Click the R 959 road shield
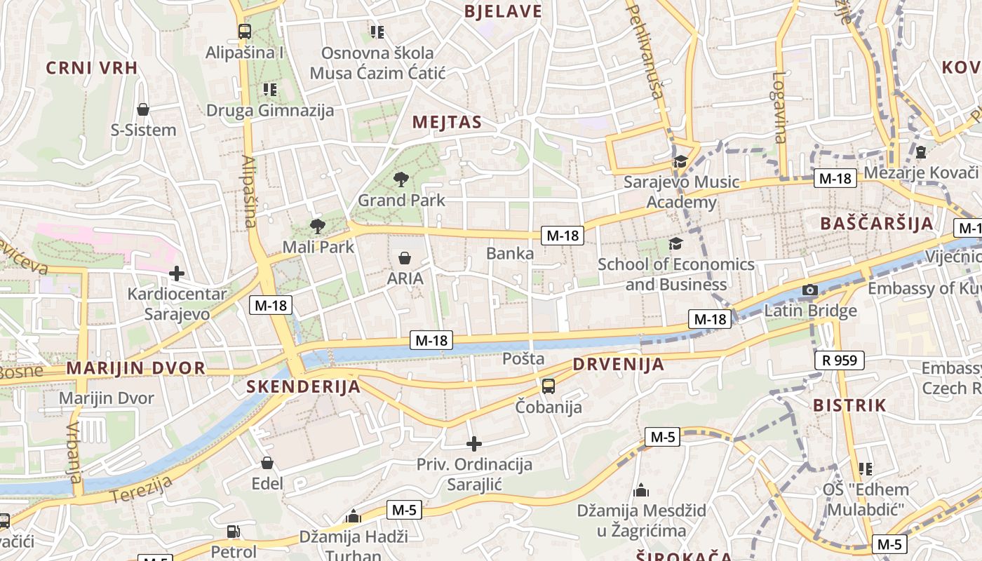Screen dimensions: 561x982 coord(840,361)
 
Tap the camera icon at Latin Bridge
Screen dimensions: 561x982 coord(810,290)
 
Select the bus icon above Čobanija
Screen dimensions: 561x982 coord(549,386)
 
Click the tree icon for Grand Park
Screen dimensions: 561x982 coord(401,180)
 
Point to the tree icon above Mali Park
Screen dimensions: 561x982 coord(318,226)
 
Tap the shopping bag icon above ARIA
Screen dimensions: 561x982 coord(405,258)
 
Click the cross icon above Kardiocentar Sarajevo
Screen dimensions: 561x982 coord(177,273)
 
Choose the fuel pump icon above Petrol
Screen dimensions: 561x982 coord(234,532)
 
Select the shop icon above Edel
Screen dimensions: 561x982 coord(267,463)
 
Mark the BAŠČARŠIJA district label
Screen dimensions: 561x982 coord(877,224)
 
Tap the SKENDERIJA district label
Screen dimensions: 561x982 coord(303,387)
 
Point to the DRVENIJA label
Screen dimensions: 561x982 coord(618,365)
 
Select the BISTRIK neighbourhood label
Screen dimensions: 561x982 coord(849,405)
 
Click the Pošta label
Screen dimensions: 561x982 coord(523,359)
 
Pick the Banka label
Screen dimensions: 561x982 coord(510,253)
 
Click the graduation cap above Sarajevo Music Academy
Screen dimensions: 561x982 coord(680,162)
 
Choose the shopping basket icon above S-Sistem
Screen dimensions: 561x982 coord(143,109)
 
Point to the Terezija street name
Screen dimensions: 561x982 coord(141,489)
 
